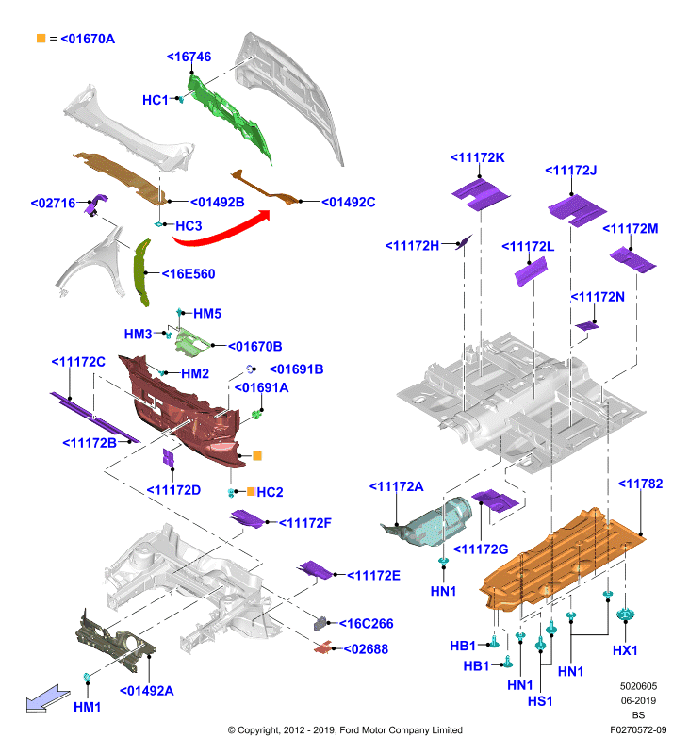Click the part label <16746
189,57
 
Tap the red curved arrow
219,232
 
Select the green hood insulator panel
228,119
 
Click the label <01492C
348,202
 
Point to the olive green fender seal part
141,271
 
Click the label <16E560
189,274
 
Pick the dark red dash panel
185,411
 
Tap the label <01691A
262,387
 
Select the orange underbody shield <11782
563,560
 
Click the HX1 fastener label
625,650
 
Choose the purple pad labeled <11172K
480,194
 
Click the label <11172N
598,297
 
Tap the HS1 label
540,701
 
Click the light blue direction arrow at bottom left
47,698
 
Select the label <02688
366,649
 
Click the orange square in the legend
41,38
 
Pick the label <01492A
147,691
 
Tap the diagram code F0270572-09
638,729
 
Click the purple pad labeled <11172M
632,260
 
